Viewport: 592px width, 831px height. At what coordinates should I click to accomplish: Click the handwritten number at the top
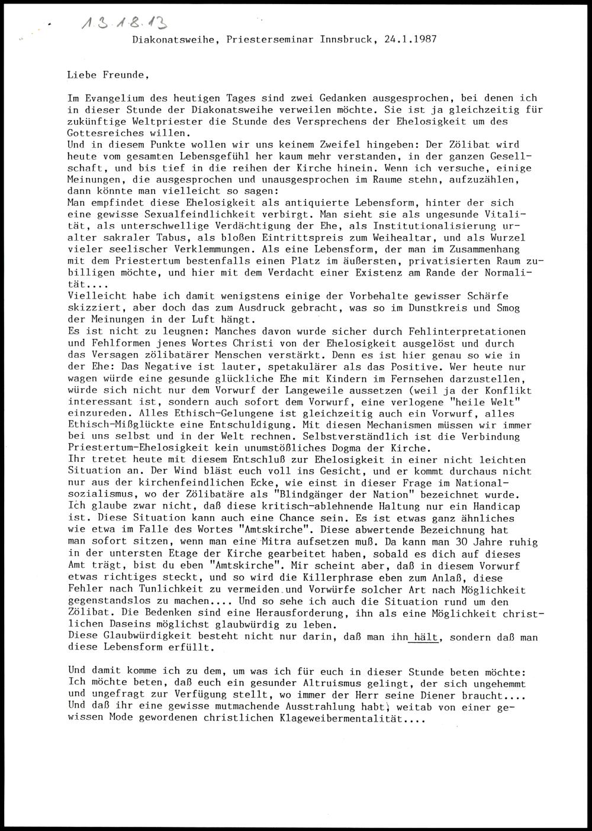(x=124, y=23)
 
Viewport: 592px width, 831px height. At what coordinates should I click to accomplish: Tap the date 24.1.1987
(x=410, y=40)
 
